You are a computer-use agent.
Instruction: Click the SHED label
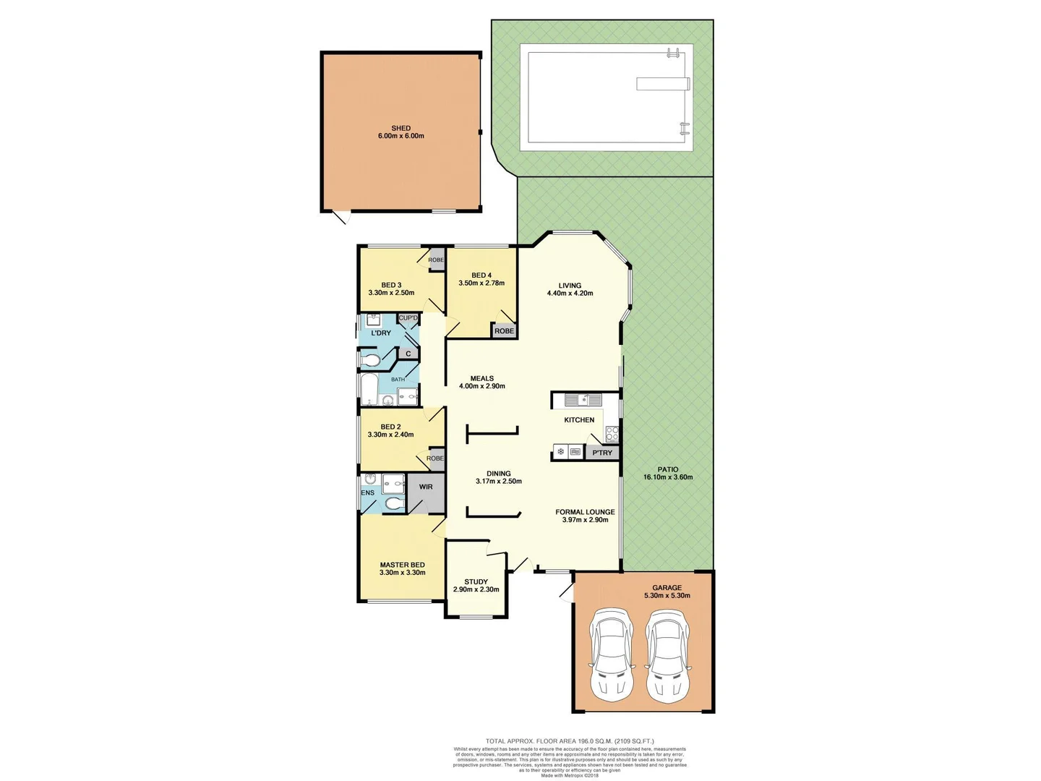400,128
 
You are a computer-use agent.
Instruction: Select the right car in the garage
669,653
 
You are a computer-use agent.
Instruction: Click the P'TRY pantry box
601,453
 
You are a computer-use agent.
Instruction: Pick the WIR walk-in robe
426,488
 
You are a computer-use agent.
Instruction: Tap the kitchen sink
583,399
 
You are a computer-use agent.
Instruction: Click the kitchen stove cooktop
612,434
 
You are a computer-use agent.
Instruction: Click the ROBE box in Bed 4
504,330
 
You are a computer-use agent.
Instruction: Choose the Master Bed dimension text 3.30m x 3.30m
402,573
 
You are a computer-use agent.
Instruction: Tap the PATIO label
667,469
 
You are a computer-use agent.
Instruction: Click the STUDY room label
476,581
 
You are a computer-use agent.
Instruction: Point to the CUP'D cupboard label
408,318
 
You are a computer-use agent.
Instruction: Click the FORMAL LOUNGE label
585,512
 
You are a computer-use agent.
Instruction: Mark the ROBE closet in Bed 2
434,458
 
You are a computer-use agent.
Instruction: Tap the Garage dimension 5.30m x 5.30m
667,596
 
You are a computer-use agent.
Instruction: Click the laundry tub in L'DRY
374,320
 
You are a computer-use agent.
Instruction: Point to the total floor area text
569,741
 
